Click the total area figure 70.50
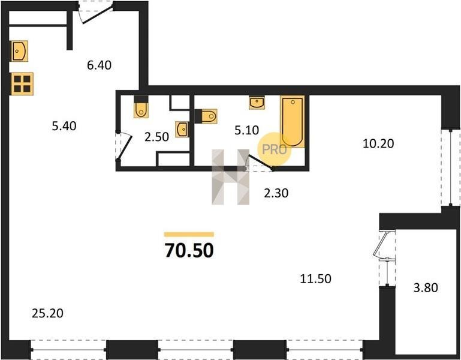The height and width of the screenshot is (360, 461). coord(189,250)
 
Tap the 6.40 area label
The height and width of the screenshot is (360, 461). coord(99,65)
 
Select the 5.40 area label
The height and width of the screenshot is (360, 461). coord(64,126)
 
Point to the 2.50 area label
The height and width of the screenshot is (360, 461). coord(156,137)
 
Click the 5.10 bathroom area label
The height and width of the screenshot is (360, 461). coord(246,130)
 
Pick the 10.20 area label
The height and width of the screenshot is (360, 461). coord(378,143)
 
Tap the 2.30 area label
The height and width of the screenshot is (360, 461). coord(276,193)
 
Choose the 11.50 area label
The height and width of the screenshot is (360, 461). coord(315,278)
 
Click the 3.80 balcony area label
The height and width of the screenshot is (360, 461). coord(426,287)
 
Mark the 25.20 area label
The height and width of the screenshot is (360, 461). coord(47,313)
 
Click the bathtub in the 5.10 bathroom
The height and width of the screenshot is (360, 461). coord(292,122)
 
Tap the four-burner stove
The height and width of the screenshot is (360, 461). coord(22,83)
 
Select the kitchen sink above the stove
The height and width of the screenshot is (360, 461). coord(20,51)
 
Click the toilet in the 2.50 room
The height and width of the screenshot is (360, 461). coord(141,107)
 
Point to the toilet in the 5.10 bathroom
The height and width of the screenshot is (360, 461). coord(206,116)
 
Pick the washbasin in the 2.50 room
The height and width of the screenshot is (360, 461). coord(182,130)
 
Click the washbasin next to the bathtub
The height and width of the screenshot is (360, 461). coord(257,103)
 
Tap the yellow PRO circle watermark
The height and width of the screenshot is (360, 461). coord(275,149)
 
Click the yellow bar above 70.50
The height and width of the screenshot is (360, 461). coord(189,235)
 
